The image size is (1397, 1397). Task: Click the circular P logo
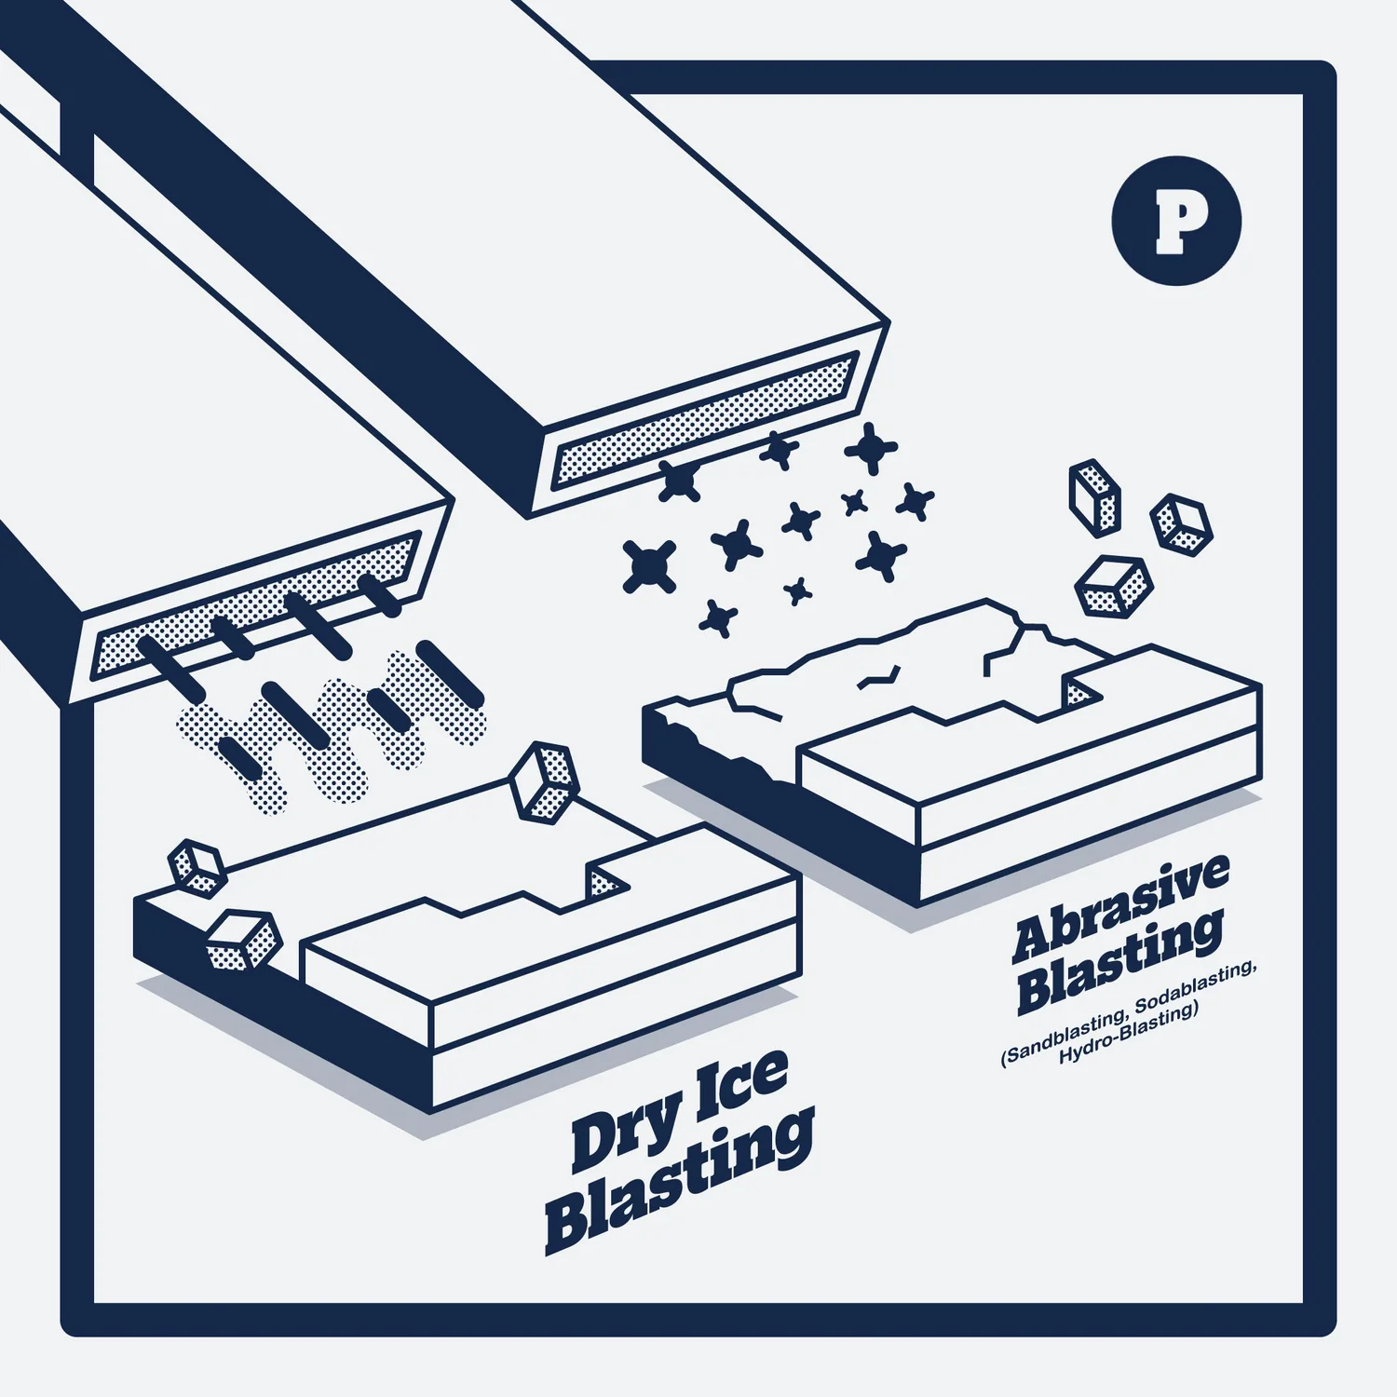pyautogui.click(x=1176, y=221)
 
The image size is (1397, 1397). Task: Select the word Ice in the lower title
pyautogui.click(x=742, y=1086)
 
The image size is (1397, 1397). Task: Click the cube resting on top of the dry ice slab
pyautogui.click(x=544, y=782)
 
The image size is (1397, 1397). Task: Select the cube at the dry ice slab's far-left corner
pyautogui.click(x=197, y=868)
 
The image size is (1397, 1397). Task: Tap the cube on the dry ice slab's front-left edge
pyautogui.click(x=244, y=941)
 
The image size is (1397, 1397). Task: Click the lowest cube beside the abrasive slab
pyautogui.click(x=1114, y=587)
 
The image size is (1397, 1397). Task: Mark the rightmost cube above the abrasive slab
pyautogui.click(x=1181, y=525)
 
